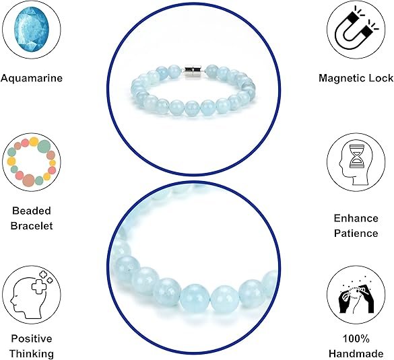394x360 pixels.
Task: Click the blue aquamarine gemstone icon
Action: tap(32, 30)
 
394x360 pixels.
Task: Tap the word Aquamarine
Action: tap(32, 78)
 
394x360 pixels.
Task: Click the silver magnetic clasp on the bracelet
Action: tap(193, 71)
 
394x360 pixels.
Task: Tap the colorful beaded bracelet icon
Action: tap(32, 162)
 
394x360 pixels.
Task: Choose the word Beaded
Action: tap(32, 211)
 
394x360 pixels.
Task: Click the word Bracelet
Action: tap(32, 225)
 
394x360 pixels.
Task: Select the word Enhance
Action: tap(356, 218)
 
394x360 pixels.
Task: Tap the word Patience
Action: tap(356, 233)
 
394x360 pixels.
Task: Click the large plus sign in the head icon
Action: tap(40, 286)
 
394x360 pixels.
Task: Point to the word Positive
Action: tap(32, 338)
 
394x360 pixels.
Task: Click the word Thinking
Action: tap(32, 354)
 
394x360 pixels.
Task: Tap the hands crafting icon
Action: tap(356, 298)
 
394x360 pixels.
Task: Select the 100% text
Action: tap(356, 339)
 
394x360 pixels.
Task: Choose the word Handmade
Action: tap(356, 354)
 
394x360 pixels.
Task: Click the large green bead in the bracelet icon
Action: tap(44, 147)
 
